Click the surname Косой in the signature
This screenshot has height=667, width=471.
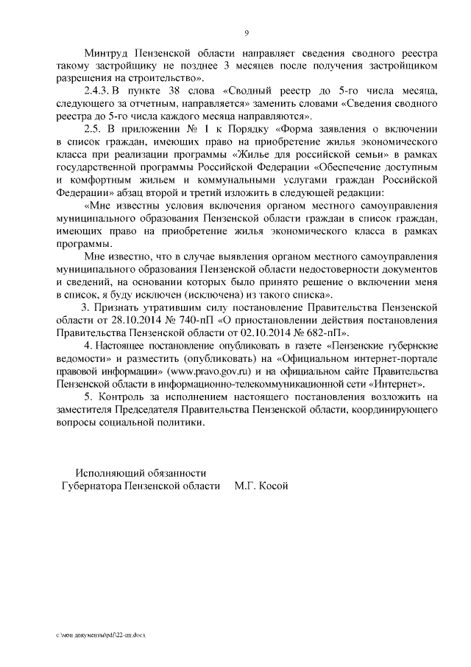click(x=269, y=486)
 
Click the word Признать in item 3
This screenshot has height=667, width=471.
click(x=120, y=310)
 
